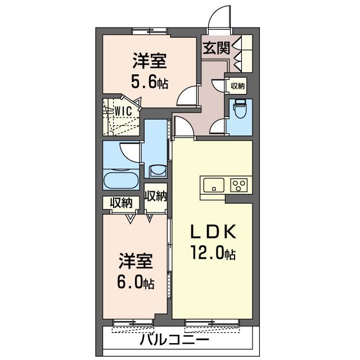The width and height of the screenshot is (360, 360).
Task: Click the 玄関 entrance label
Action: point(216,48)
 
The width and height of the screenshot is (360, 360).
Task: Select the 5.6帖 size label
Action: point(149,83)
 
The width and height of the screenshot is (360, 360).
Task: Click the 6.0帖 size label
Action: point(136,282)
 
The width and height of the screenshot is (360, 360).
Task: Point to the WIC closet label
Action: point(124,111)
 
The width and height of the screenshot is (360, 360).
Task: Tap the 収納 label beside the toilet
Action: point(237,86)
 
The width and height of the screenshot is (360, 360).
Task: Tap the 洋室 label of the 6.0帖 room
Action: point(136,261)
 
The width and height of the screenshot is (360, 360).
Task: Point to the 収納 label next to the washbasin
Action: point(155,196)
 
